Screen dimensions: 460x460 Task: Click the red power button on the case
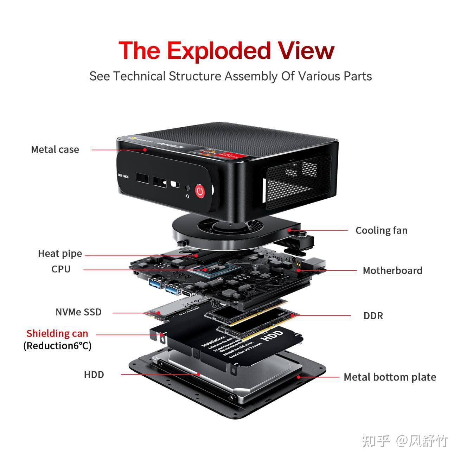point(200,191)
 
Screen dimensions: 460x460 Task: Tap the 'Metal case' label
point(55,149)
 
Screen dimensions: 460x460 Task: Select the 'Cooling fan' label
point(381,230)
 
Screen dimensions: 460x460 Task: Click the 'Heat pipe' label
point(60,254)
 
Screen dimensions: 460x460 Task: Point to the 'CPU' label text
point(61,269)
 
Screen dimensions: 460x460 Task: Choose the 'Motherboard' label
point(392,270)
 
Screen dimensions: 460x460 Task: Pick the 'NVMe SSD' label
point(78,312)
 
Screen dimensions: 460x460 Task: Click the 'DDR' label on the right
point(373,316)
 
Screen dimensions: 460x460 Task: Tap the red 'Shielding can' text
point(57,333)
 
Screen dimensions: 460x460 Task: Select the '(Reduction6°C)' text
point(57,346)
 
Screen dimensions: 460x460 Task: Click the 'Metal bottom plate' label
point(390,377)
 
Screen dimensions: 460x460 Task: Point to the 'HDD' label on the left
point(94,375)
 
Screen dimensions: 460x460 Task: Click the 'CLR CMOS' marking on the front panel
point(123,175)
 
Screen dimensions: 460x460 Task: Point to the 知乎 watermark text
point(376,441)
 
